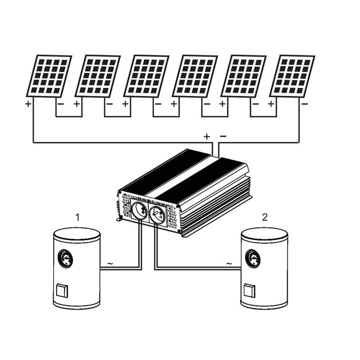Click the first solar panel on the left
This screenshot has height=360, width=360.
click(x=49, y=76)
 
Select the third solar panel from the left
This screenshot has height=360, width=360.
click(x=146, y=76)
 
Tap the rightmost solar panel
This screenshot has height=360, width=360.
click(x=292, y=76)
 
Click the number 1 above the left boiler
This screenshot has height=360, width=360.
click(x=77, y=218)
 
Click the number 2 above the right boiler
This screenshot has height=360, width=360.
click(x=265, y=218)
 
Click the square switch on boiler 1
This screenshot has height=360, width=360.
click(x=62, y=291)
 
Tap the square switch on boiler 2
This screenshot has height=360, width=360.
click(x=249, y=291)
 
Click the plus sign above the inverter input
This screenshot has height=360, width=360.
click(x=207, y=136)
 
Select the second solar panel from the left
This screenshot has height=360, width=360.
click(x=98, y=76)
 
